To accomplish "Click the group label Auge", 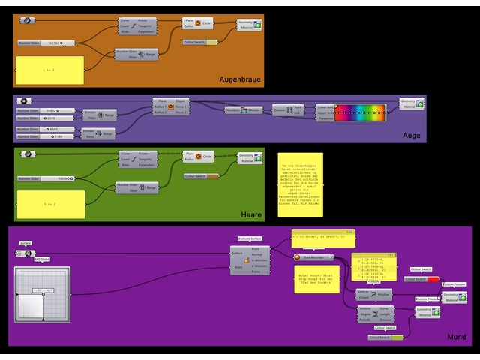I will [411, 136].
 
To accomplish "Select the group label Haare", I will [251, 215].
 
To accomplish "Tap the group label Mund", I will [456, 337].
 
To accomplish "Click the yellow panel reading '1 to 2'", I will [49, 69].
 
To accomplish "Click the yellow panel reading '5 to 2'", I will [49, 204].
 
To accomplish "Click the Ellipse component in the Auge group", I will [171, 106].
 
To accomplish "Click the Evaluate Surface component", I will [250, 259].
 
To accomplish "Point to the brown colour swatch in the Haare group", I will [201, 176].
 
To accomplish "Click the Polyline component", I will [373, 295].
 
